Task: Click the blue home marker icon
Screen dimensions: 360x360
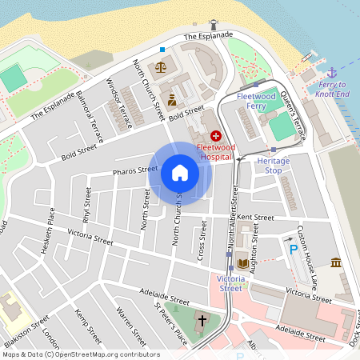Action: [x=180, y=172]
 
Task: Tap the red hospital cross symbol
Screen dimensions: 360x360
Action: [x=216, y=138]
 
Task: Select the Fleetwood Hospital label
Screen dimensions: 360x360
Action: [x=216, y=152]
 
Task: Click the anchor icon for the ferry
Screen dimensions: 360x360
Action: [x=334, y=73]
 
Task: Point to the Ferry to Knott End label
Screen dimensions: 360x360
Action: [x=334, y=89]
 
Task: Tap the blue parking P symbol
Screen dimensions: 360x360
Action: [x=294, y=250]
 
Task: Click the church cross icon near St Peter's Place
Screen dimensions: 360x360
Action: [x=202, y=322]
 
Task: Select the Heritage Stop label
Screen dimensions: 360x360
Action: [x=273, y=165]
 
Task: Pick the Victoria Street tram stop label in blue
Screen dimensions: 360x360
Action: [x=230, y=283]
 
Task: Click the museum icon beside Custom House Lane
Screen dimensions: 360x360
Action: [x=335, y=263]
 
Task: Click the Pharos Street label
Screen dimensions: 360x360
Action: [x=135, y=170]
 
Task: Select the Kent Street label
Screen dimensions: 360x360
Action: [x=256, y=218]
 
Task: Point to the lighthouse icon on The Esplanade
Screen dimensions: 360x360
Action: [x=213, y=25]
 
